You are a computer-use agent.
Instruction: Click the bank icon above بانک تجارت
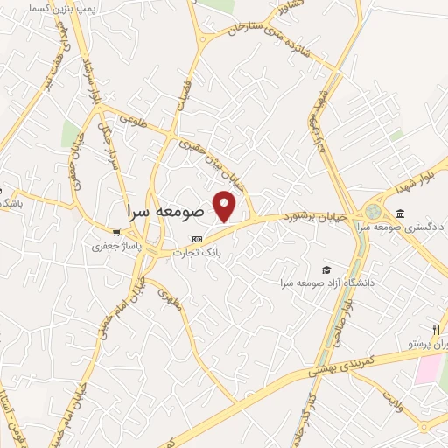[x=198, y=238]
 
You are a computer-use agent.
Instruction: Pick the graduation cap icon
[x=326, y=269]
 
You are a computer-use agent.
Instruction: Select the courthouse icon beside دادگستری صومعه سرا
[x=400, y=213]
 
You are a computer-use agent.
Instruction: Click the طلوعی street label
[x=129, y=116]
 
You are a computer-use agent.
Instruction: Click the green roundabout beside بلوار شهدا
[x=374, y=211]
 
